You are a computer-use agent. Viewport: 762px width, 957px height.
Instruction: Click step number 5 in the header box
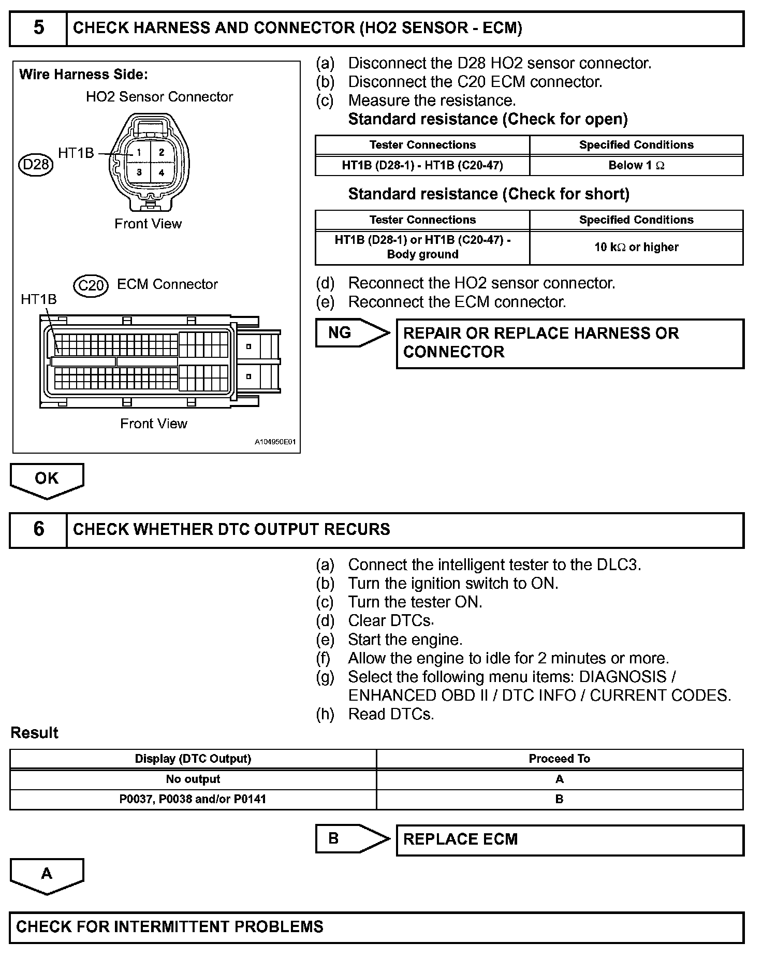point(38,28)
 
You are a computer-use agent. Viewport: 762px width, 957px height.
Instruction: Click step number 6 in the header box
point(38,529)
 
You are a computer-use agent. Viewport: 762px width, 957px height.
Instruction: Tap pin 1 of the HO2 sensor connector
point(139,153)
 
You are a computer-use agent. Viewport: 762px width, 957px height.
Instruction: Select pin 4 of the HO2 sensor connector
point(162,172)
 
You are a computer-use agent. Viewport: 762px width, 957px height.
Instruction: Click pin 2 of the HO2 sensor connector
point(162,153)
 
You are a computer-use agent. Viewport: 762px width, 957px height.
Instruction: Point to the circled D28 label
point(36,165)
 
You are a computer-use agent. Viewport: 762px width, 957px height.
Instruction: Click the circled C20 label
point(91,285)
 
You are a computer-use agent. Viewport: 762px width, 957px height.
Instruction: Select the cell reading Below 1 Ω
point(636,166)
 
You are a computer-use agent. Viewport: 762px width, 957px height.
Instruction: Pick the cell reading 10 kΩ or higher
point(636,248)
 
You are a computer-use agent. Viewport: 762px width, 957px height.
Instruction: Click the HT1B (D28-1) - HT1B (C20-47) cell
point(422,166)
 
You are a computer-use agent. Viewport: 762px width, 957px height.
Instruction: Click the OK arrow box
point(47,479)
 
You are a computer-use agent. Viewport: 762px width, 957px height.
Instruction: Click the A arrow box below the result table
point(47,874)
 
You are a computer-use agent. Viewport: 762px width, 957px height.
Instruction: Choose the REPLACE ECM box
point(569,839)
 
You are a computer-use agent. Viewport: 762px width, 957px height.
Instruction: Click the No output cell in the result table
point(193,779)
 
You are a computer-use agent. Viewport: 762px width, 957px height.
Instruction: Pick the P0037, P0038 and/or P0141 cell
point(193,799)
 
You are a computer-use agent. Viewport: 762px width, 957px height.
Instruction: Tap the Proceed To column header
point(559,759)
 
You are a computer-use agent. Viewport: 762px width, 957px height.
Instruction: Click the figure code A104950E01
point(275,443)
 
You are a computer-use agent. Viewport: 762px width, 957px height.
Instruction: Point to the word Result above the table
point(34,733)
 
